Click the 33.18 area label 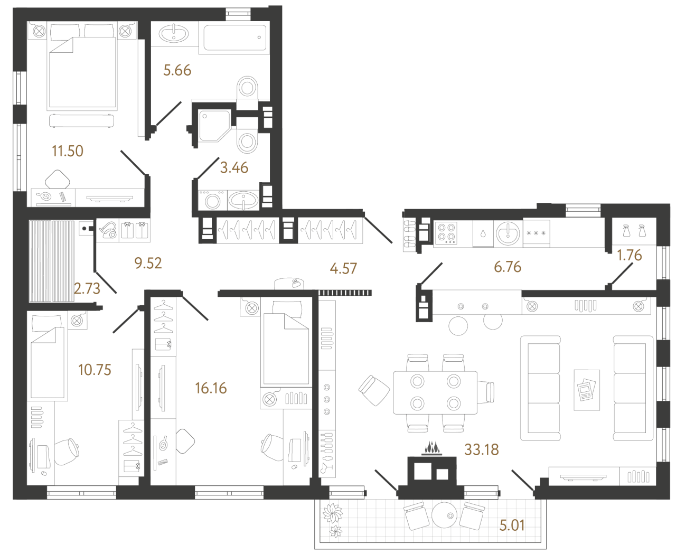(481, 449)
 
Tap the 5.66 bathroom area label (177, 70)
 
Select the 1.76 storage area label (630, 255)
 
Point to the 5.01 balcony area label (512, 525)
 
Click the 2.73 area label (87, 288)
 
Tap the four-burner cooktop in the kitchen (446, 233)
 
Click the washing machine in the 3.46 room (212, 201)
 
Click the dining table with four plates (435, 392)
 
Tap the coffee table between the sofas (587, 390)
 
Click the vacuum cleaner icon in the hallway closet (108, 230)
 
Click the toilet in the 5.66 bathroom (247, 87)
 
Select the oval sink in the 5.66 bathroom (174, 34)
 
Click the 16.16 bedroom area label (211, 388)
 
